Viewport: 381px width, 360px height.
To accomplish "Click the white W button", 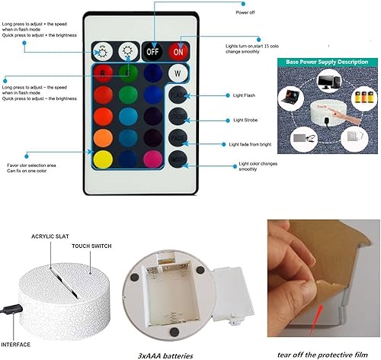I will (x=178, y=75).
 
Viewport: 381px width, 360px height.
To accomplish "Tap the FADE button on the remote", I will (x=178, y=139).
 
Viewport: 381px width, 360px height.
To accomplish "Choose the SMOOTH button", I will (x=178, y=160).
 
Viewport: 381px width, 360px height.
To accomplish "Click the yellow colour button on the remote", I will (x=104, y=159).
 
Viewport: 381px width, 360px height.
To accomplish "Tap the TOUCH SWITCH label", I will (x=91, y=247).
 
